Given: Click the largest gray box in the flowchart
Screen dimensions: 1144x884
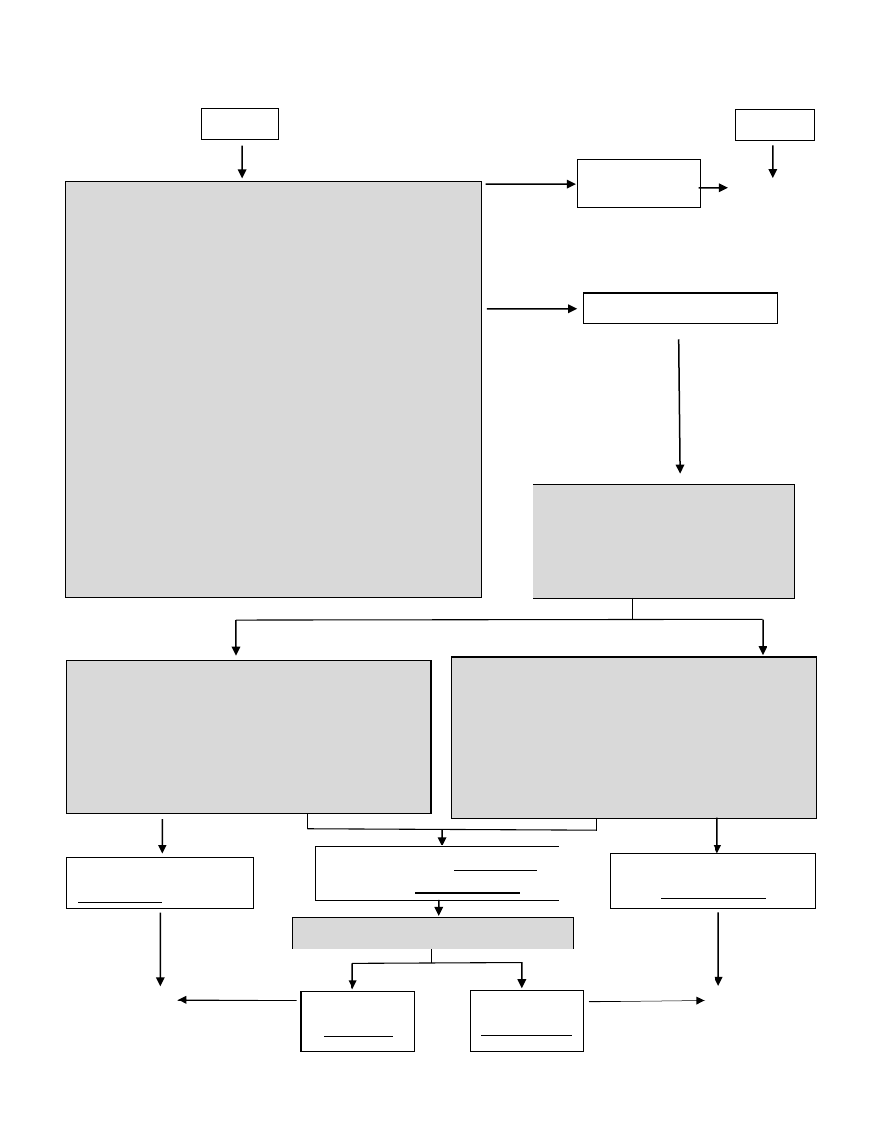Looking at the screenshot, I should pos(273,389).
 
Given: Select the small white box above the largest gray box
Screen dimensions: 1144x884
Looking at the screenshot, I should pos(240,123).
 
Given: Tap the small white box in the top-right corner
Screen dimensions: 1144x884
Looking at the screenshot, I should pos(774,124).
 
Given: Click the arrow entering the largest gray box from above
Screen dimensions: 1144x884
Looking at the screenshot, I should pos(242,161).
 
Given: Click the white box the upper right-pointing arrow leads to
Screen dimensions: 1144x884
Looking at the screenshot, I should pos(638,183).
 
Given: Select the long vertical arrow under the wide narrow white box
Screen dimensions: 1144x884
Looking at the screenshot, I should pos(680,404).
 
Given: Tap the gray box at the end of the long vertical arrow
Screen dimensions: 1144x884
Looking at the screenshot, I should pos(663,541).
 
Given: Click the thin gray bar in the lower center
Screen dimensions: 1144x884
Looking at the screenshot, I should pos(432,933).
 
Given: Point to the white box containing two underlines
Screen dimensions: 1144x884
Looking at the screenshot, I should pos(437,873).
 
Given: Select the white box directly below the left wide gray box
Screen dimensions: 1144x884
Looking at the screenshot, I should pos(160,882).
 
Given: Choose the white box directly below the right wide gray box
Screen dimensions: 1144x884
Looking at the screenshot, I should pos(713,880).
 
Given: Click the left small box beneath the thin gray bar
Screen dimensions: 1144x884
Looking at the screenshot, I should pos(357,1020).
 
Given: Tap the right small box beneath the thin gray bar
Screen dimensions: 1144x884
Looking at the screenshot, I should pos(527,1020).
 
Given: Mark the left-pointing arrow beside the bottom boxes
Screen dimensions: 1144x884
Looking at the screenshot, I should pos(237,1001).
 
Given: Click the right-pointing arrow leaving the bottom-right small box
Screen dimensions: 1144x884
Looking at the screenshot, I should pos(646,1001).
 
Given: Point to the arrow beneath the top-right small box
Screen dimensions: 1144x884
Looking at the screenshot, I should pos(772,160).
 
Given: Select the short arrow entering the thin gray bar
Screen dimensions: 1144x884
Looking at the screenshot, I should pos(439,908).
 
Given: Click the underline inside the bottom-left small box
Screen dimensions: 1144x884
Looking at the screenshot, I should pos(357,1035).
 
